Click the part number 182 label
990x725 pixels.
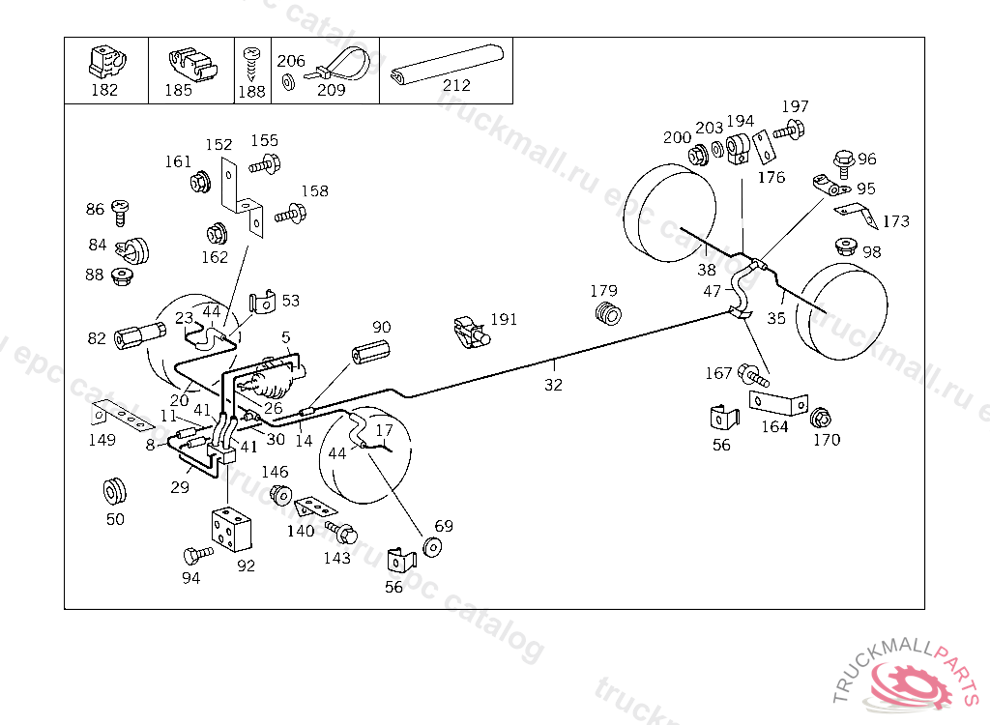pyautogui.click(x=104, y=90)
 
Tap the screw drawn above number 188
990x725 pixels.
pyautogui.click(x=252, y=63)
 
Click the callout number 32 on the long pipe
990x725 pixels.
pyautogui.click(x=553, y=385)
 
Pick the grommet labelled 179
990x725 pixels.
pyautogui.click(x=609, y=313)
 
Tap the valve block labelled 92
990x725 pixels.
pyautogui.click(x=231, y=528)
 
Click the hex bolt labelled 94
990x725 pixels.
pyautogui.click(x=198, y=555)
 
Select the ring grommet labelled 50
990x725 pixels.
pyautogui.click(x=115, y=492)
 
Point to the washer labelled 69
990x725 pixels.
pyautogui.click(x=432, y=547)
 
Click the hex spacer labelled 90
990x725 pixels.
pyautogui.click(x=370, y=351)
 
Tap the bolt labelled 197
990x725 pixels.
pyautogui.click(x=789, y=130)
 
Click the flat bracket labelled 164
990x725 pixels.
pyautogui.click(x=778, y=403)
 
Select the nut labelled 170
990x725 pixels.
pyautogui.click(x=820, y=418)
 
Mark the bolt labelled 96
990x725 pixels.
pyautogui.click(x=843, y=163)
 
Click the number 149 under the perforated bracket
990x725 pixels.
pyautogui.click(x=102, y=440)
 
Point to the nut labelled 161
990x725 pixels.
pyautogui.click(x=201, y=183)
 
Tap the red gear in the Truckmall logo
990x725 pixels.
pyautogui.click(x=914, y=685)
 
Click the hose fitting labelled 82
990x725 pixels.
pyautogui.click(x=139, y=334)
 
